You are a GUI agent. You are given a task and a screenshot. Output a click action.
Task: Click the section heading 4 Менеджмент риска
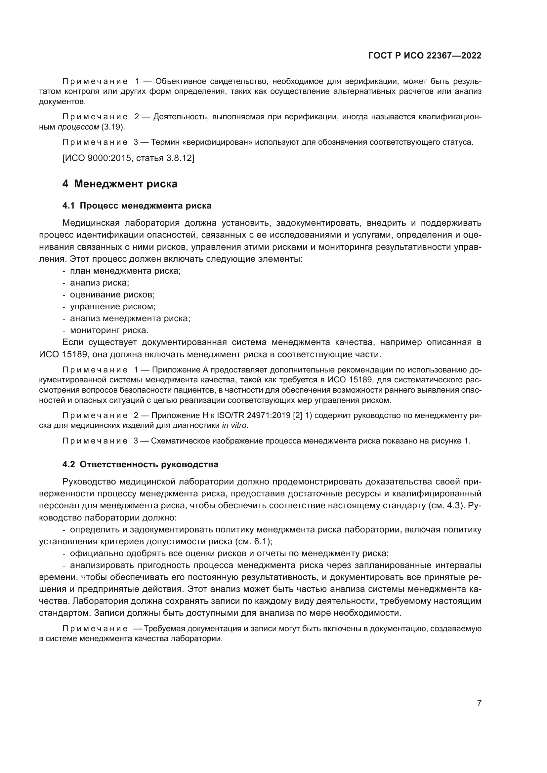pyautogui.click(x=120, y=184)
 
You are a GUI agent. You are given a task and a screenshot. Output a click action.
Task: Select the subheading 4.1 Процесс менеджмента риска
pyautogui.click(x=137, y=206)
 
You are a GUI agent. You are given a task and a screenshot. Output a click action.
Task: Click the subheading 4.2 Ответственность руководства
pyautogui.click(x=140, y=464)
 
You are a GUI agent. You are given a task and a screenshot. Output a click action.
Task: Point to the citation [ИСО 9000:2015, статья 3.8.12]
pyautogui.click(x=128, y=158)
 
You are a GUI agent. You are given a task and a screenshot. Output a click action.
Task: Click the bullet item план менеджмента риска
pyautogui.click(x=125, y=271)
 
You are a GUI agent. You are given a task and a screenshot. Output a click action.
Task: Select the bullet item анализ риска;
pyautogui.click(x=99, y=283)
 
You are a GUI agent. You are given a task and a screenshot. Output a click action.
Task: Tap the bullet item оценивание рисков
pyautogui.click(x=112, y=294)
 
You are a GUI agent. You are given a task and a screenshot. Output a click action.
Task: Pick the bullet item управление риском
pyautogui.click(x=112, y=306)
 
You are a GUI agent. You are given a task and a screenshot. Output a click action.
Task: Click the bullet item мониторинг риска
pyautogui.click(x=109, y=330)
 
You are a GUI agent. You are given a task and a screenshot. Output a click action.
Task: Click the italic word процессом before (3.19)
pyautogui.click(x=78, y=127)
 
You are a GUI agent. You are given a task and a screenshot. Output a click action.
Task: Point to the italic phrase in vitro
pyautogui.click(x=234, y=425)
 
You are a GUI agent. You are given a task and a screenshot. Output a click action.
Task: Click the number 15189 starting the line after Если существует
pyautogui.click(x=75, y=354)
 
